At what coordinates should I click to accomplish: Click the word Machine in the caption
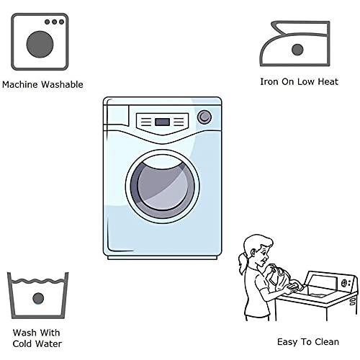point(19,84)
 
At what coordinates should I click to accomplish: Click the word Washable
point(62,84)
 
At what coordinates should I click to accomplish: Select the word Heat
point(328,81)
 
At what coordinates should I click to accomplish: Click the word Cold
point(22,343)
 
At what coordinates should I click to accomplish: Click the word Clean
point(327,341)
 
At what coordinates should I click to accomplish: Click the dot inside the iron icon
point(297,50)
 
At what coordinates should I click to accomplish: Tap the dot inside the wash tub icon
point(38,298)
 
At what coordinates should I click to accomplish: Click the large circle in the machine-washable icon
point(40,45)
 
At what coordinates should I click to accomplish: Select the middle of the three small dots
point(55,22)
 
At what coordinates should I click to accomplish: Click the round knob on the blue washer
point(204,117)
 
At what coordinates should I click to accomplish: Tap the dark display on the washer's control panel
point(163,122)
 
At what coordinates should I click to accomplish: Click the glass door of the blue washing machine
point(163,186)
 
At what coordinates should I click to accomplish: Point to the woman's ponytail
point(243,264)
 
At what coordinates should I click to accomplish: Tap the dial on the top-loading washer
point(344,283)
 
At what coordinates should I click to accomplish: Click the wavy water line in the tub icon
point(38,281)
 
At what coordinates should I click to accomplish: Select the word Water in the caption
point(49,343)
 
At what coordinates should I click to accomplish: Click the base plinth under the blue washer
point(163,258)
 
